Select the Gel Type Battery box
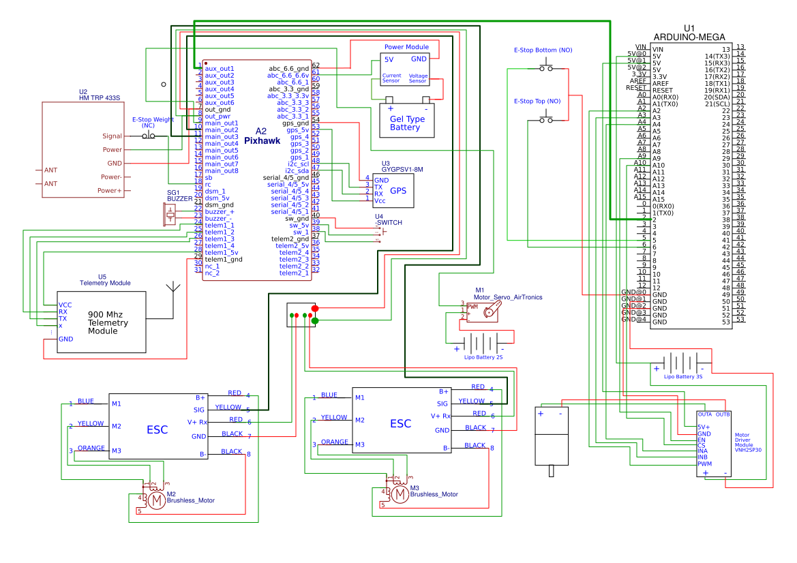click(x=407, y=120)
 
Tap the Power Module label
click(x=406, y=47)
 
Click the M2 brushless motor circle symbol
click(x=157, y=501)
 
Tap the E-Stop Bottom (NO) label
click(x=543, y=50)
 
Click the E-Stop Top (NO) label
click(x=537, y=101)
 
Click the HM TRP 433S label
click(x=100, y=97)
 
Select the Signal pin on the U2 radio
click(x=112, y=136)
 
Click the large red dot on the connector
click(x=315, y=309)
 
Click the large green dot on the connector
click(x=315, y=321)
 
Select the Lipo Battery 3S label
click(x=682, y=376)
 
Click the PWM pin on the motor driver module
click(x=704, y=463)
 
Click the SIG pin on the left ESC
click(x=199, y=410)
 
